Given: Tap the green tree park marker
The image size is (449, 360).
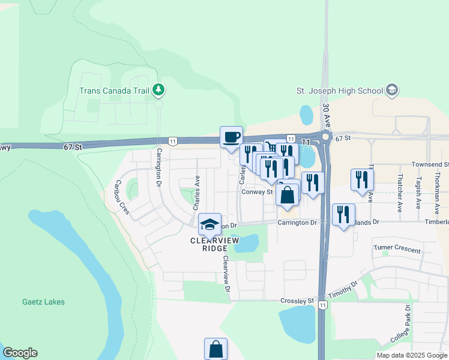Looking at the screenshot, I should (158, 91).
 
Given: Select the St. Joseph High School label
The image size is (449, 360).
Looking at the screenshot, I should (340, 91).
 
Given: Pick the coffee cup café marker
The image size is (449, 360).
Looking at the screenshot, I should (231, 137).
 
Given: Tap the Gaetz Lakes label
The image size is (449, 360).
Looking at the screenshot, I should (43, 302).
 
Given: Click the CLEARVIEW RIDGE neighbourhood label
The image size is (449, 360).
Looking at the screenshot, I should (209, 244).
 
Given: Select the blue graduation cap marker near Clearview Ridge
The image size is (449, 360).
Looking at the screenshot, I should (210, 224).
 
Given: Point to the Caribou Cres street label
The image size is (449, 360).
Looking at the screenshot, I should (122, 197).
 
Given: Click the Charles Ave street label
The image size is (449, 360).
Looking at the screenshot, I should (196, 192).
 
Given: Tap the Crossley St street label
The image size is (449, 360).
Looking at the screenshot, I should (297, 301).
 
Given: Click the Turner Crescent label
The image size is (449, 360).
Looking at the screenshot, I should (397, 247).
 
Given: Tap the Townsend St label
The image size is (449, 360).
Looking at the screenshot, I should (430, 164).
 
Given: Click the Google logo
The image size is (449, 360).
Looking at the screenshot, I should (20, 353).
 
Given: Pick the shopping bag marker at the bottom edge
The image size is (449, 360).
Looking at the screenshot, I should (216, 349).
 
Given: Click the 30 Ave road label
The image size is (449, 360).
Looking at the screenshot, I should (326, 115).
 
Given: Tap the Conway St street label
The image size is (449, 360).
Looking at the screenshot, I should (258, 193).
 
